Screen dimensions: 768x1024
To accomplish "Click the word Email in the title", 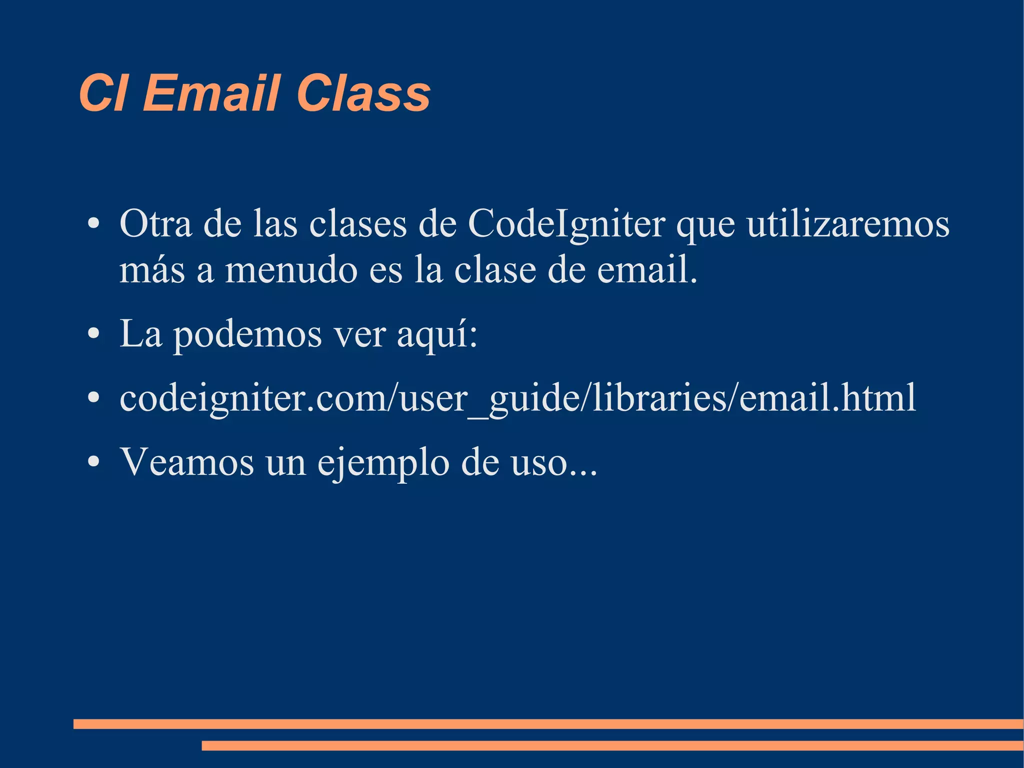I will pyautogui.click(x=210, y=93).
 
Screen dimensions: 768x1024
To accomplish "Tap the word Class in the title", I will pyautogui.click(x=363, y=93).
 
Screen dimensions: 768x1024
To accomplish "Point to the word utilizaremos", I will pyautogui.click(x=848, y=224).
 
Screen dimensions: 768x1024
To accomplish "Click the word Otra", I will pyautogui.click(x=155, y=224).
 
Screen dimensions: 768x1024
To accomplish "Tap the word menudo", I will pyautogui.click(x=291, y=270).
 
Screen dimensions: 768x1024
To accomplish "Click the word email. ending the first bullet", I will pyautogui.click(x=647, y=270).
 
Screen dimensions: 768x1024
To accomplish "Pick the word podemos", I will pyautogui.click(x=247, y=335).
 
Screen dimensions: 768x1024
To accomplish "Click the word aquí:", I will pyautogui.click(x=437, y=335).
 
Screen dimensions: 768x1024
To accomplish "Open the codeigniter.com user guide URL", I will pyautogui.click(x=517, y=398).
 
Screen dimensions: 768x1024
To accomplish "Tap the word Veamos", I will pyautogui.click(x=187, y=462).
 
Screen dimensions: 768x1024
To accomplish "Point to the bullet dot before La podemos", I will pyautogui.click(x=93, y=334).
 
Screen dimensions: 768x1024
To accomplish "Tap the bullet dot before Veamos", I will pyautogui.click(x=93, y=461).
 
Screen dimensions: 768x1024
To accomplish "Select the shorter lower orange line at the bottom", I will pyautogui.click(x=612, y=745).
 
